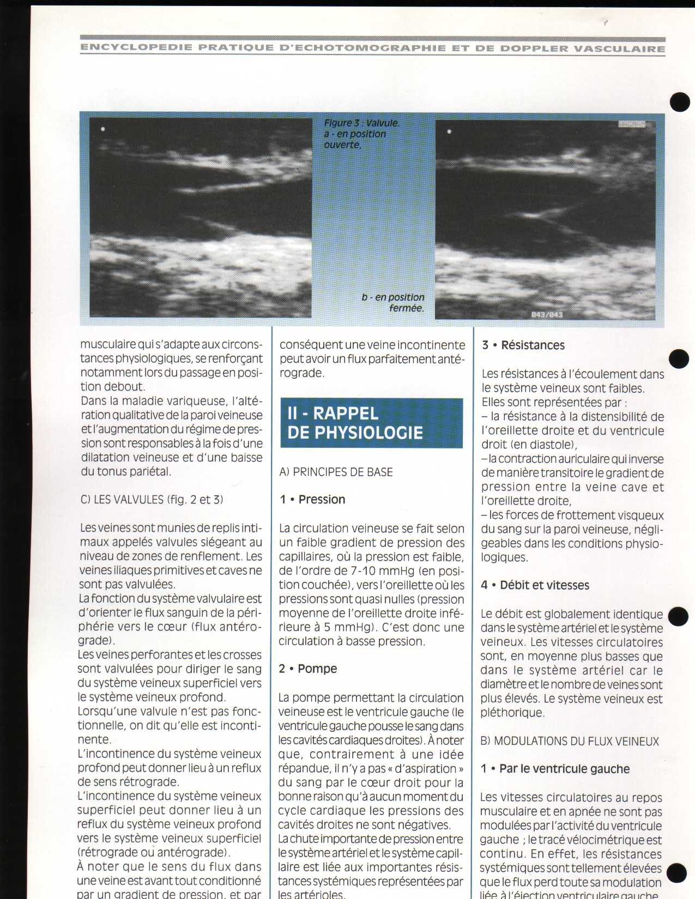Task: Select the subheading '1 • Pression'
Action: click(x=312, y=500)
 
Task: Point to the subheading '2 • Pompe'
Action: click(x=308, y=669)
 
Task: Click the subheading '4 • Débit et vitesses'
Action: click(x=535, y=586)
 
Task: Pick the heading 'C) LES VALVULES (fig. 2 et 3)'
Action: click(x=152, y=500)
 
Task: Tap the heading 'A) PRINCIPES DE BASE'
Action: click(x=336, y=472)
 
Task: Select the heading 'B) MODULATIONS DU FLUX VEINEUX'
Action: click(x=570, y=742)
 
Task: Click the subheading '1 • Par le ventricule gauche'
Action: click(x=555, y=769)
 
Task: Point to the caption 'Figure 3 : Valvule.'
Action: click(x=361, y=123)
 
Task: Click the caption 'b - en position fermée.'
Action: click(x=394, y=303)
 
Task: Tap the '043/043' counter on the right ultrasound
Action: click(x=547, y=315)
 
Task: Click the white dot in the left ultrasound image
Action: click(x=103, y=129)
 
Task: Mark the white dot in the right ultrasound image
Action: click(x=449, y=131)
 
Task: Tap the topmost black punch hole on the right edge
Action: click(x=680, y=102)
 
